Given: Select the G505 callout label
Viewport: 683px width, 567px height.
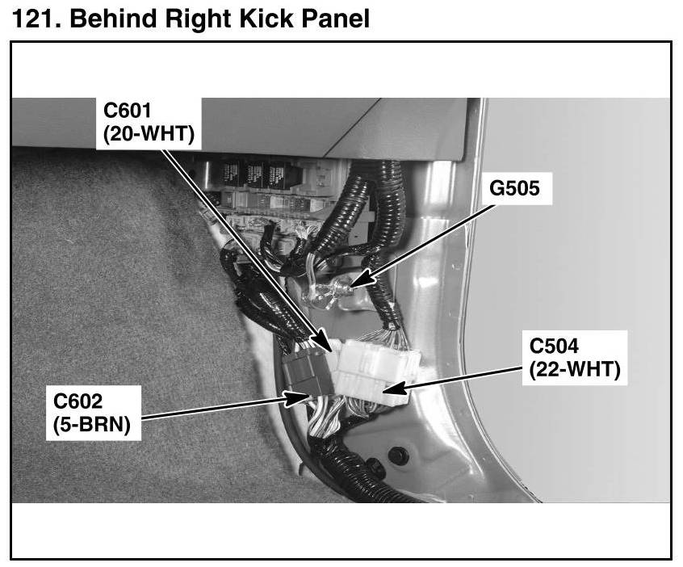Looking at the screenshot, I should pyautogui.click(x=514, y=188).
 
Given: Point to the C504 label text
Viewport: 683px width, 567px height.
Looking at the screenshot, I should pyautogui.click(x=554, y=347).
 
